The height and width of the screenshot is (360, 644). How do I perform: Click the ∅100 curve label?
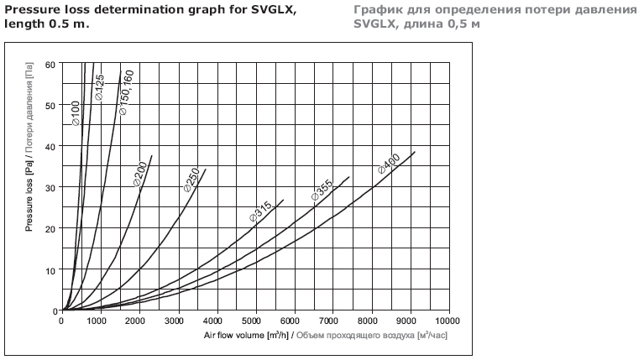coord(76,114)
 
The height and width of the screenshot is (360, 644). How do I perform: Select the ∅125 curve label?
coord(99,88)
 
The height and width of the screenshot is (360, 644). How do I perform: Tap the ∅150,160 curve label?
coord(127,93)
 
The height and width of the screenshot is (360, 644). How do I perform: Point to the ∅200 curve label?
coord(139,171)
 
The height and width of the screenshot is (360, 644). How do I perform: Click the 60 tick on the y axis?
coord(50,65)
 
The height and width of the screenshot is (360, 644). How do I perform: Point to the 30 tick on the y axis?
coord(50,188)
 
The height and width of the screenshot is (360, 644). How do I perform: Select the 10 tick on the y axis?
coord(50,270)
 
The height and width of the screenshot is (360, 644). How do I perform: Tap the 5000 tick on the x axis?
coord(255,321)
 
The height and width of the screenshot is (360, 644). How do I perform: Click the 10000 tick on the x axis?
coord(448,321)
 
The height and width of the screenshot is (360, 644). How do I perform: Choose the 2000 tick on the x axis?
coord(139,321)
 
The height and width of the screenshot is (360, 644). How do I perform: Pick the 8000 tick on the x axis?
coord(371,321)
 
